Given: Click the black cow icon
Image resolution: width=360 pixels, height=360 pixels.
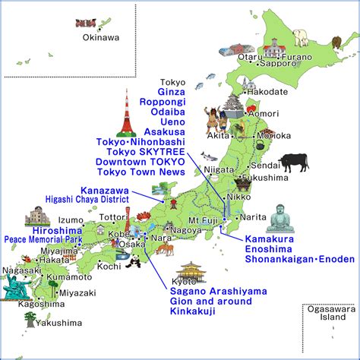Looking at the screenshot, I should [293, 162].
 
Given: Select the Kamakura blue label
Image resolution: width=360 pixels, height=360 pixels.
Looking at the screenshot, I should [270, 239].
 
